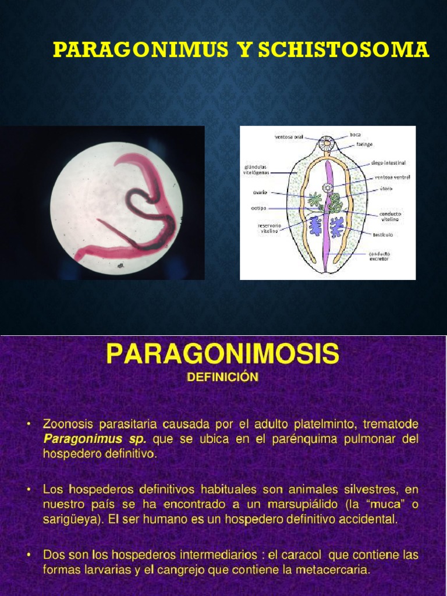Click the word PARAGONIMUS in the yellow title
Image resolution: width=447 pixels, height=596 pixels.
[140, 51]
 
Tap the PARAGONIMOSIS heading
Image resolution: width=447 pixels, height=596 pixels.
[222, 354]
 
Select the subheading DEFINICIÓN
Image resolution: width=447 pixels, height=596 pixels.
[222, 377]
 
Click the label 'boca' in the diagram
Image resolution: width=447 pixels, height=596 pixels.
[356, 135]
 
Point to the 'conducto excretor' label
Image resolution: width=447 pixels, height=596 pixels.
[379, 256]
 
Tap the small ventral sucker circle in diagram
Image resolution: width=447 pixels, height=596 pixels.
[328, 187]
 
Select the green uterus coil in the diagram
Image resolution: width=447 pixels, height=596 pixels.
[335, 204]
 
